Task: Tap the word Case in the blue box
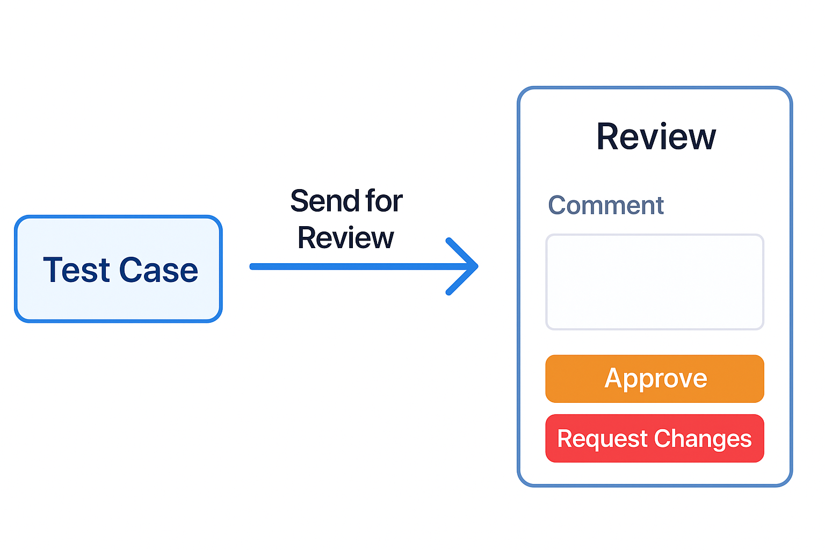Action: tap(158, 270)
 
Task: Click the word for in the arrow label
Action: tap(384, 201)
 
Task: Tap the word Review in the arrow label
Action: tap(345, 238)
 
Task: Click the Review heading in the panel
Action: tap(656, 137)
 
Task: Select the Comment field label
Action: tap(606, 206)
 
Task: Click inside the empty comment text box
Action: tap(655, 282)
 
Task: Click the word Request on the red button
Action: tap(602, 439)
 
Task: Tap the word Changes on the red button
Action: tap(703, 439)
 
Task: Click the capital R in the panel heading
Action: tap(609, 137)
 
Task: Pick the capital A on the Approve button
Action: tap(614, 378)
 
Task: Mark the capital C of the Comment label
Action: tap(558, 206)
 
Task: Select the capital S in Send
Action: tap(300, 201)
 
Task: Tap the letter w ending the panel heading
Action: tap(701, 138)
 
